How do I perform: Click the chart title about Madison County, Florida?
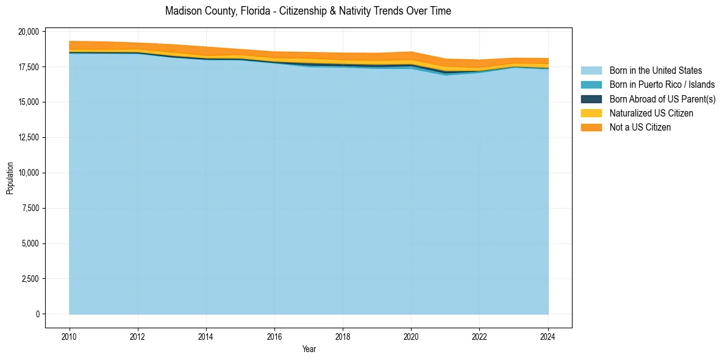308,11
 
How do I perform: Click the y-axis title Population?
10,178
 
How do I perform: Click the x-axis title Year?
309,349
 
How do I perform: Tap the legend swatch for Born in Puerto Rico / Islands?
591,85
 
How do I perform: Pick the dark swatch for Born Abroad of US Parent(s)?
591,99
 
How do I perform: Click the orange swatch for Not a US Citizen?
591,127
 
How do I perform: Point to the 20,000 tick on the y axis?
28,31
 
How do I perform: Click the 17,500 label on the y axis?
28,67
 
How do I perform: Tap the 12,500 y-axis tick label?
28,137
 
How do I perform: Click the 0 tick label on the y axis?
37,314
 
